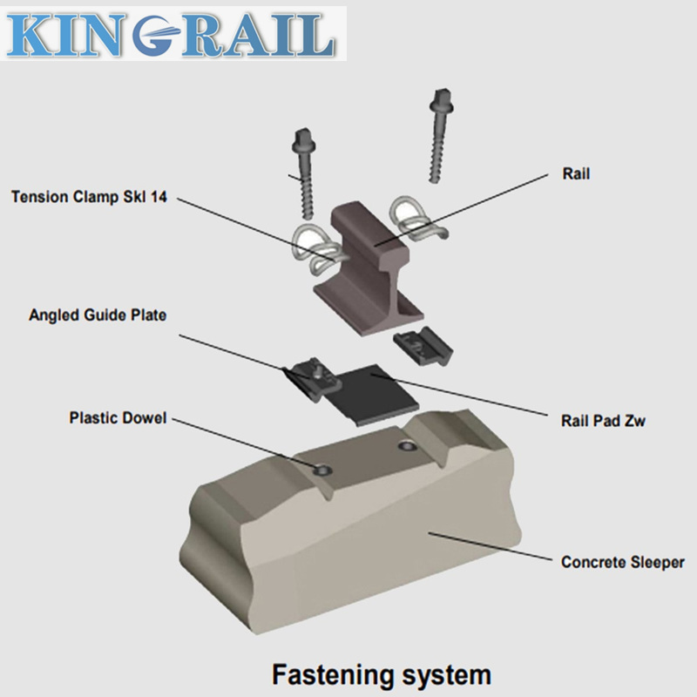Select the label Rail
[x=576, y=174]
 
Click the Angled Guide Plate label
[x=96, y=315]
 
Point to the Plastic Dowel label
[x=117, y=418]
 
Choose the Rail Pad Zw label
[x=602, y=420]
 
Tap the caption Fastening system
[x=382, y=673]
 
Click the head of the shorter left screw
[x=306, y=137]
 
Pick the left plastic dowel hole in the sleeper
[x=322, y=469]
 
